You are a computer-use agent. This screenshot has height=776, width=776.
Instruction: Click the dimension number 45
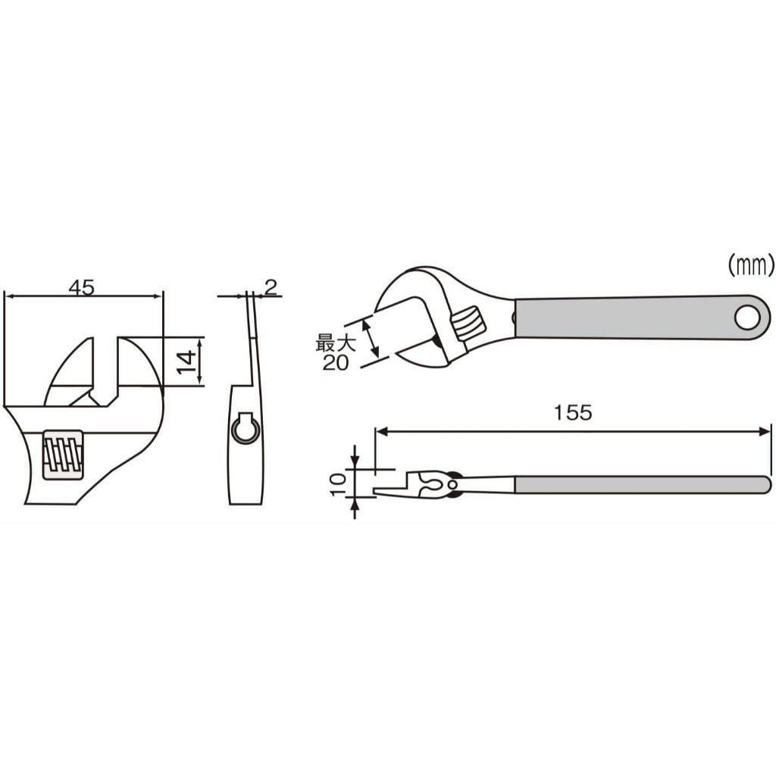coord(82,287)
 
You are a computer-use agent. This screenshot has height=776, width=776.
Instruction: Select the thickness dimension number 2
coord(271,287)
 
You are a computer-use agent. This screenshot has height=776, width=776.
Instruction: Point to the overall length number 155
coord(573,412)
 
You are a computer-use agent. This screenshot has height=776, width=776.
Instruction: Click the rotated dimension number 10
coord(337,484)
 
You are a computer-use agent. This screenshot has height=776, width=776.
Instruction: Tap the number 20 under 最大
coord(335,363)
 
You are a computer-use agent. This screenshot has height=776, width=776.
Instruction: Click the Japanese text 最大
coord(335,343)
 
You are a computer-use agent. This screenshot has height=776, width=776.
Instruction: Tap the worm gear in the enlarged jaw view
coord(63,455)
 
